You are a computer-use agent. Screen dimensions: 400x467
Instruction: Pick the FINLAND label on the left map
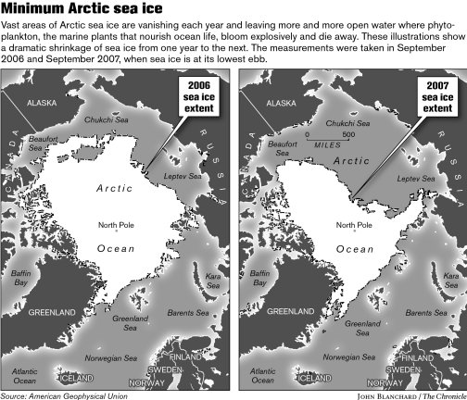(x=185, y=356)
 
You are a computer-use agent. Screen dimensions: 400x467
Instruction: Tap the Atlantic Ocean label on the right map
(x=262, y=376)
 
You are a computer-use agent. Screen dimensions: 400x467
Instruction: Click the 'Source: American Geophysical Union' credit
(x=64, y=394)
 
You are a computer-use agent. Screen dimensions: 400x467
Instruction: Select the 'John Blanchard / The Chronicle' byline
(x=398, y=394)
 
